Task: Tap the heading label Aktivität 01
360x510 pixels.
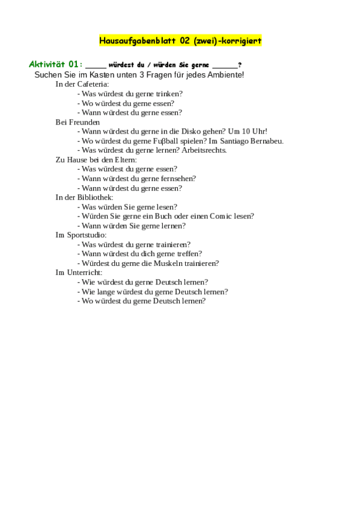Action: point(53,64)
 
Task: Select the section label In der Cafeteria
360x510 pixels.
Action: point(82,84)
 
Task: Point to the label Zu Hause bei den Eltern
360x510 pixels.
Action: point(96,160)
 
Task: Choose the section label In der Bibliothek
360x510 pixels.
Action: point(84,197)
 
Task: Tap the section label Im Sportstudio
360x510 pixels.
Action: point(81,235)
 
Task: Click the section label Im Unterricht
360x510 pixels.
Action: point(79,272)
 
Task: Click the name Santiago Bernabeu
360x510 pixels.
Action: point(252,141)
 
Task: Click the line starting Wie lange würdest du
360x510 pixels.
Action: point(152,292)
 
